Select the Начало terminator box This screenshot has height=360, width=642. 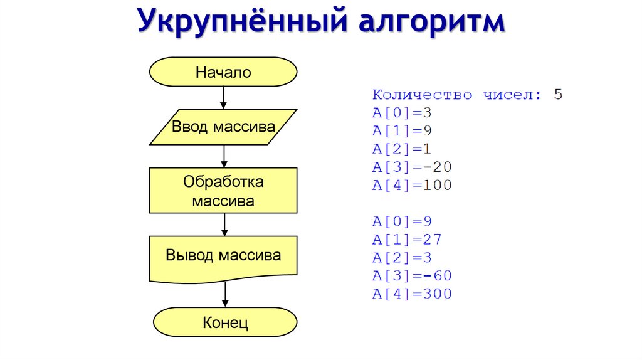click(x=223, y=71)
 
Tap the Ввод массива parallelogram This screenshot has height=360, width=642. click(x=223, y=127)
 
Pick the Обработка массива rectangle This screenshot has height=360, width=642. click(x=223, y=191)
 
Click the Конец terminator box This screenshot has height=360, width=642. click(x=225, y=322)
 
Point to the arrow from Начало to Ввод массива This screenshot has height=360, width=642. click(x=223, y=97)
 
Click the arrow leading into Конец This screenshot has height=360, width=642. click(x=224, y=294)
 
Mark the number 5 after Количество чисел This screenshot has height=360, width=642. click(x=559, y=95)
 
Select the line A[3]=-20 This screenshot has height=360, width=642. click(x=411, y=167)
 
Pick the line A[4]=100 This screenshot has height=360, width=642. click(x=411, y=185)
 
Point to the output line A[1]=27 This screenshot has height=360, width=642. click(x=407, y=240)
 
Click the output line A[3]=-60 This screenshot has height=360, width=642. click(x=411, y=276)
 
